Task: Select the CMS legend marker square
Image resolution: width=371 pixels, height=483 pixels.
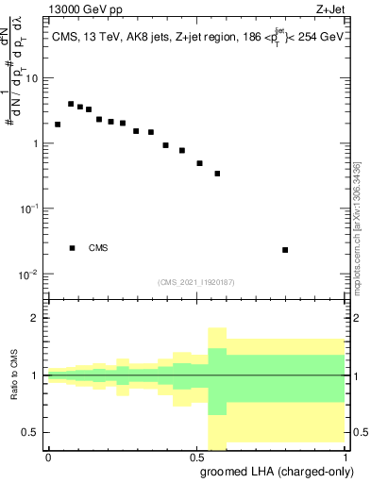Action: point(72,248)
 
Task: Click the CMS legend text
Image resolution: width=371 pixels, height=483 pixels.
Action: point(98,248)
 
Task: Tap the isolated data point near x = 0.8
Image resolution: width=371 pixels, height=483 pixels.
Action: point(285,250)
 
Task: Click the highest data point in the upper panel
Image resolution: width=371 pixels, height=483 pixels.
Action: point(71,104)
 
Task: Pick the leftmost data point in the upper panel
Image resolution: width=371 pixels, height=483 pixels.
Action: point(58,124)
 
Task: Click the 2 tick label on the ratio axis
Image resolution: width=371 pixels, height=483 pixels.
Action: point(35,318)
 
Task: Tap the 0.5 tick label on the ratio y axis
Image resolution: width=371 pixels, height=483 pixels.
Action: point(31,432)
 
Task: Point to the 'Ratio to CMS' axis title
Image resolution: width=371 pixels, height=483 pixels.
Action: point(14,375)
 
